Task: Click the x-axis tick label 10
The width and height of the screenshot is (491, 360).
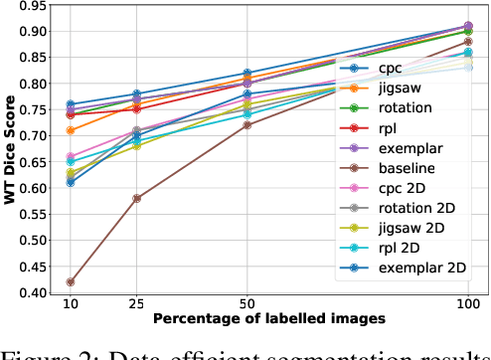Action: pos(70,303)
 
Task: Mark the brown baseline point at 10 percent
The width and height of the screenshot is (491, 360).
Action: pos(70,281)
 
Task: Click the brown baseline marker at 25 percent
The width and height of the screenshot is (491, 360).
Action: pos(137,198)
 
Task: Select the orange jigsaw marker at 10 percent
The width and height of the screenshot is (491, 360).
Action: pos(70,130)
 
